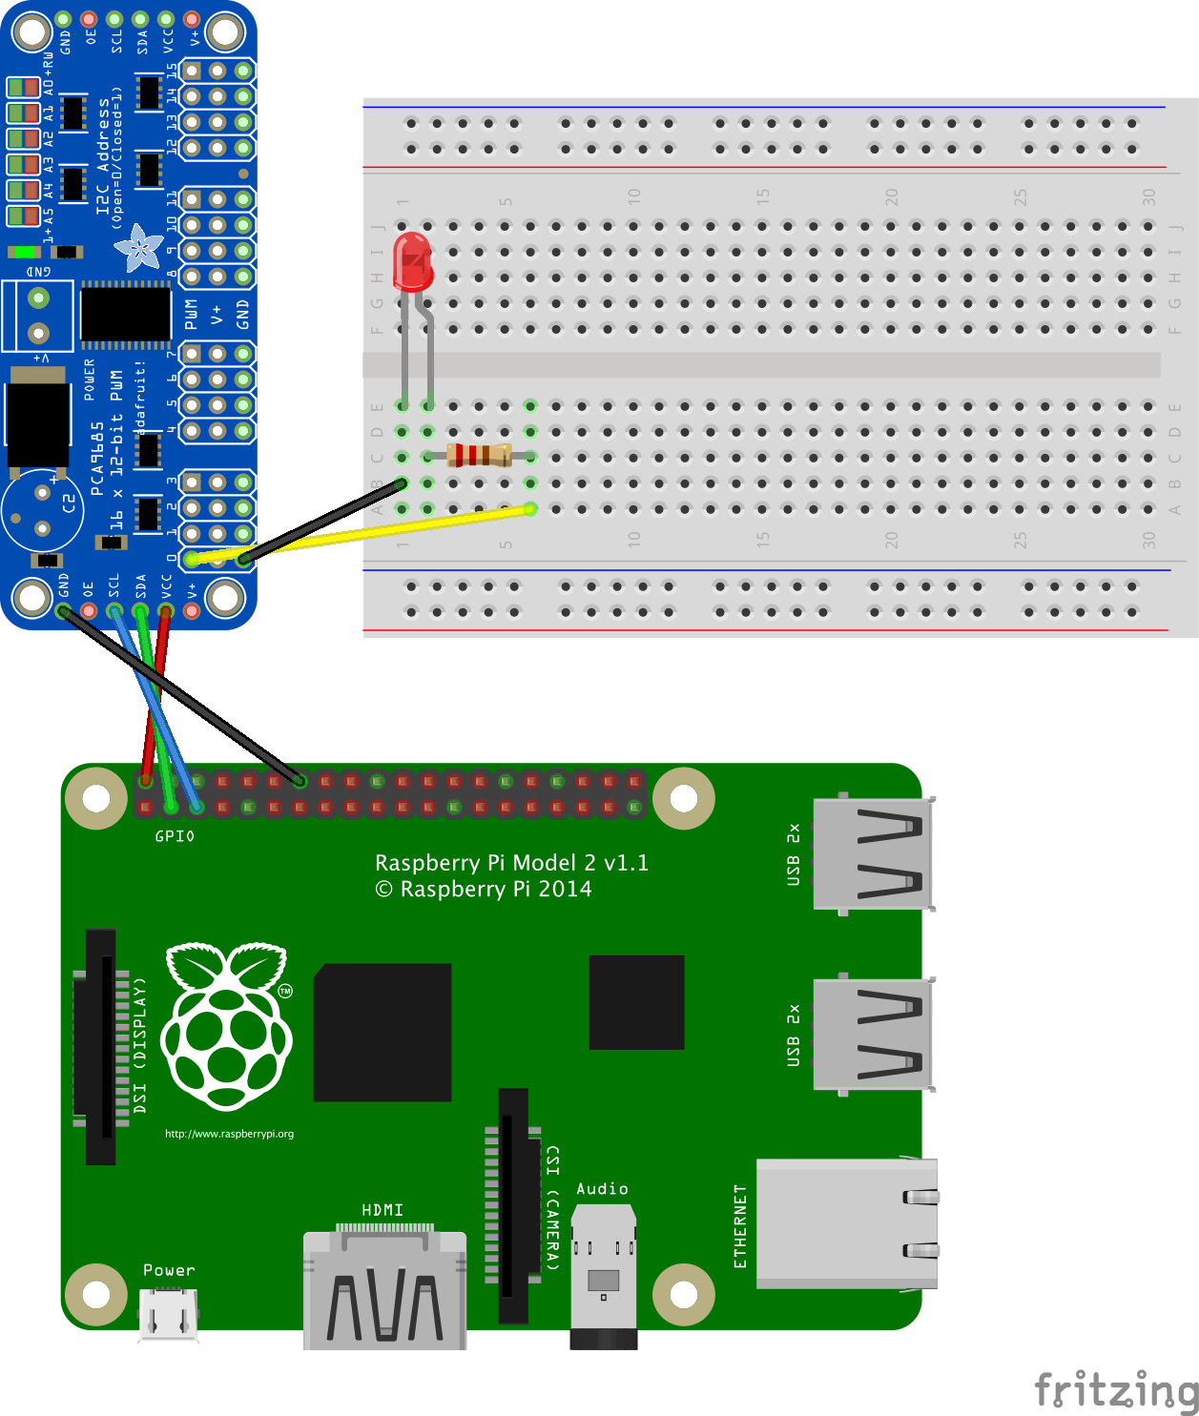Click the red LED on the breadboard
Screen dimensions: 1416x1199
pos(413,262)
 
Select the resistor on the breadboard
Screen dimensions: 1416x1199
pos(480,456)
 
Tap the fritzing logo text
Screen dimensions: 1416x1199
pos(1115,1389)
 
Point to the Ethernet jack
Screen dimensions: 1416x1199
pos(845,1223)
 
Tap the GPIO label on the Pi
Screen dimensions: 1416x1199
pos(175,836)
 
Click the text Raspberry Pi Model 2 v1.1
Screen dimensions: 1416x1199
pos(511,863)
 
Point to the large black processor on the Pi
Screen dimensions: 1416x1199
pos(382,1033)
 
